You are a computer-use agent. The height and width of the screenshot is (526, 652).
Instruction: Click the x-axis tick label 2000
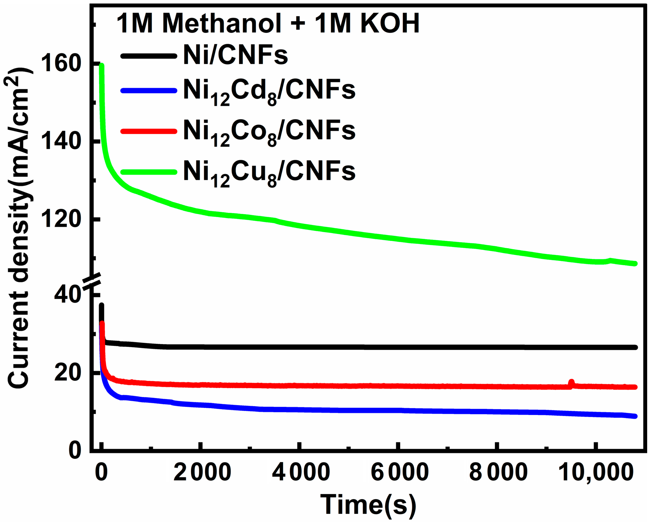202,472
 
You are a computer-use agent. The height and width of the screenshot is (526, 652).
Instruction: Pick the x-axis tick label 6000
400,472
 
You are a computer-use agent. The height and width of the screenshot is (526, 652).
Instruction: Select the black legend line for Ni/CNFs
149,56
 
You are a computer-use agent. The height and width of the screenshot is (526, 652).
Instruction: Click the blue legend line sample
149,90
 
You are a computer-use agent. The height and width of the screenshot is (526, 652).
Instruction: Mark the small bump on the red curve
571,383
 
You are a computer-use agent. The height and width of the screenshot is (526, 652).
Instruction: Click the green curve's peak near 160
102,66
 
